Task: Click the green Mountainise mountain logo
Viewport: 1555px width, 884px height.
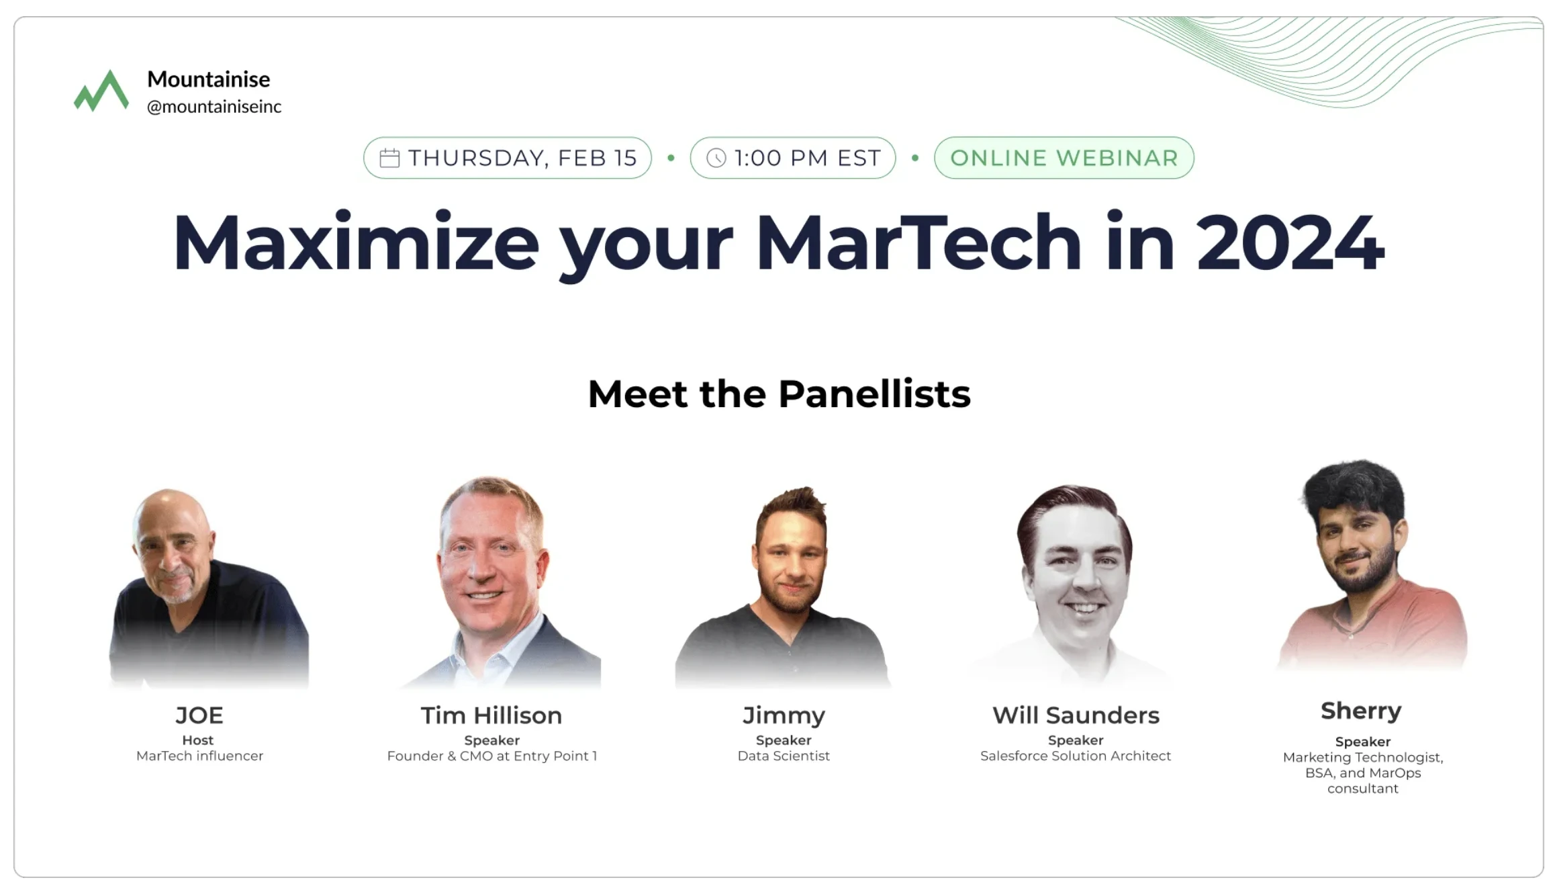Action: pos(101,91)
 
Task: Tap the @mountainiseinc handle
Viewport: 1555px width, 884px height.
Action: pos(214,107)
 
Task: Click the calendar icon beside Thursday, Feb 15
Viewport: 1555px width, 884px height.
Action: pos(389,158)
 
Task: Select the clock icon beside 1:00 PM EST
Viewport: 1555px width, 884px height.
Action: pos(716,158)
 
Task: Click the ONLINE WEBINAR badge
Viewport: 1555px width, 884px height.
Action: pos(1064,158)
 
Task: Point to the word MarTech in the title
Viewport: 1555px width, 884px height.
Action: pos(918,242)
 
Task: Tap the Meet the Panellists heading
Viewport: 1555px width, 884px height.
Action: pos(779,394)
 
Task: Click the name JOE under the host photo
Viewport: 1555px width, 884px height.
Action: pos(199,715)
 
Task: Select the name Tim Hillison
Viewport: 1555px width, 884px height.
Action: pos(491,715)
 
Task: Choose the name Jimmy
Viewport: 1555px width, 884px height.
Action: pos(784,715)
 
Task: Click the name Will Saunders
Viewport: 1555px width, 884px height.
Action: pos(1076,715)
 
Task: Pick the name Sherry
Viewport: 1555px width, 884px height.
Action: pos(1361,711)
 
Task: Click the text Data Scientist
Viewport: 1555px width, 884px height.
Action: pos(784,756)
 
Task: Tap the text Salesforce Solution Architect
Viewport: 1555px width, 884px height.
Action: pos(1076,756)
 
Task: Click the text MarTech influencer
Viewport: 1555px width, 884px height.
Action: pos(199,756)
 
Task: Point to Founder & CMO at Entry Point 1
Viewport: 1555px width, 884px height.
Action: pos(491,756)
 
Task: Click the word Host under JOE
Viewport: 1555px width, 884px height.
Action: pos(198,740)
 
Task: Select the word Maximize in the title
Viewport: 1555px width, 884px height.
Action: pos(356,242)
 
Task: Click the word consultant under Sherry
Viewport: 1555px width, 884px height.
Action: pos(1362,789)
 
